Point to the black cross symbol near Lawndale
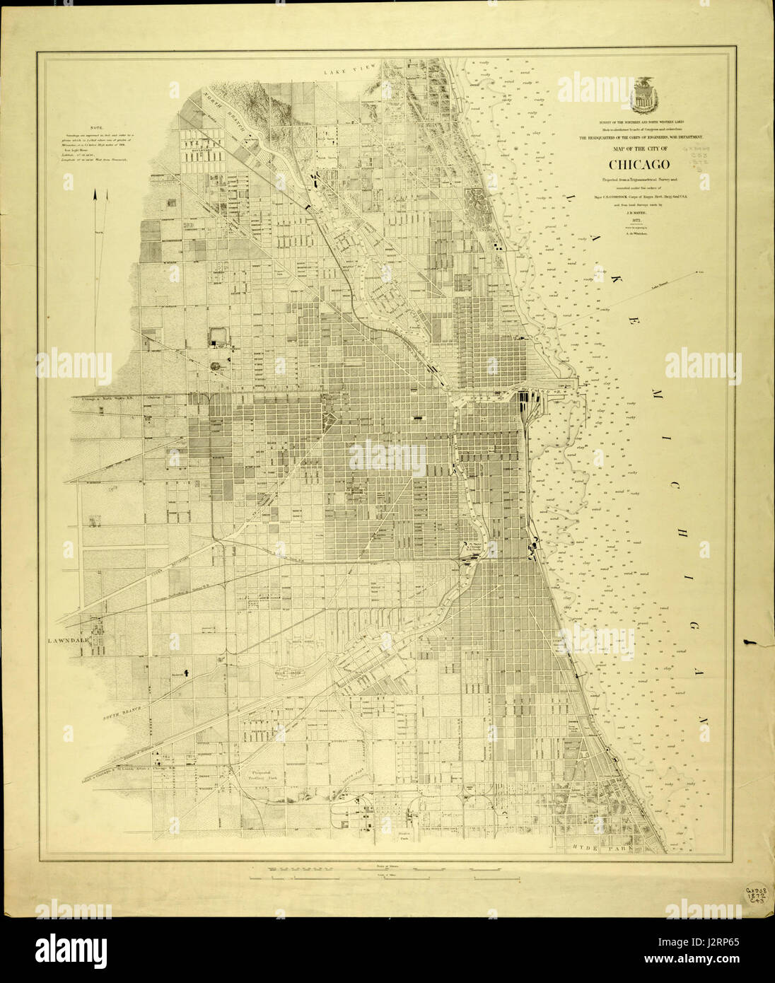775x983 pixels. [187, 673]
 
